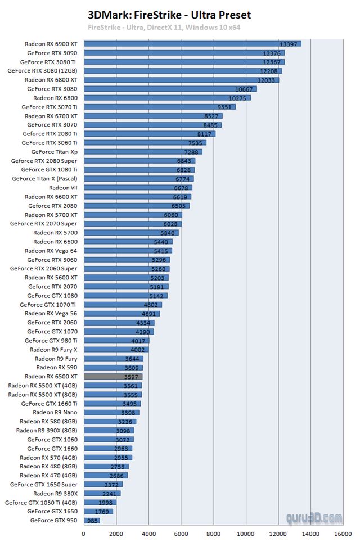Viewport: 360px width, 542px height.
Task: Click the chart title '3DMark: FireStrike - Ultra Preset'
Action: (x=169, y=15)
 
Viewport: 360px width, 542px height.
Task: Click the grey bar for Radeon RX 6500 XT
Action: (x=112, y=377)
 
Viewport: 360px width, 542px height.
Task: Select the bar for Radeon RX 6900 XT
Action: (x=191, y=44)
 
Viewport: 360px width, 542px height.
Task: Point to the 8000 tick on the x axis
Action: (x=213, y=534)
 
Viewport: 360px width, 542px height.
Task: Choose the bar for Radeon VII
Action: (x=138, y=188)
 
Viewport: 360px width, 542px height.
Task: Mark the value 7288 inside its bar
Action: (x=191, y=152)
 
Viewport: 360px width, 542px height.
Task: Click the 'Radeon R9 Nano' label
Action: (x=56, y=413)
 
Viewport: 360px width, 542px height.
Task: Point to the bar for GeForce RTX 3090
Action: (x=183, y=53)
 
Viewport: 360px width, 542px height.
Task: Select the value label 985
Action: (x=93, y=521)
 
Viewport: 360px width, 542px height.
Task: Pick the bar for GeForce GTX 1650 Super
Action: (x=102, y=485)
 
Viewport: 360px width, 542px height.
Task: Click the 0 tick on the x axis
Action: (x=84, y=534)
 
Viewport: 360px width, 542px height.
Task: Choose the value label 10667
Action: (x=244, y=89)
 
